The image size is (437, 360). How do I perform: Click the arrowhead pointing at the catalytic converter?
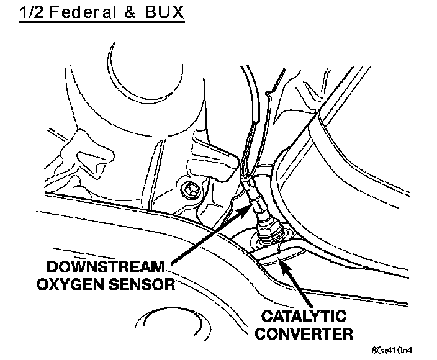[x=282, y=265]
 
